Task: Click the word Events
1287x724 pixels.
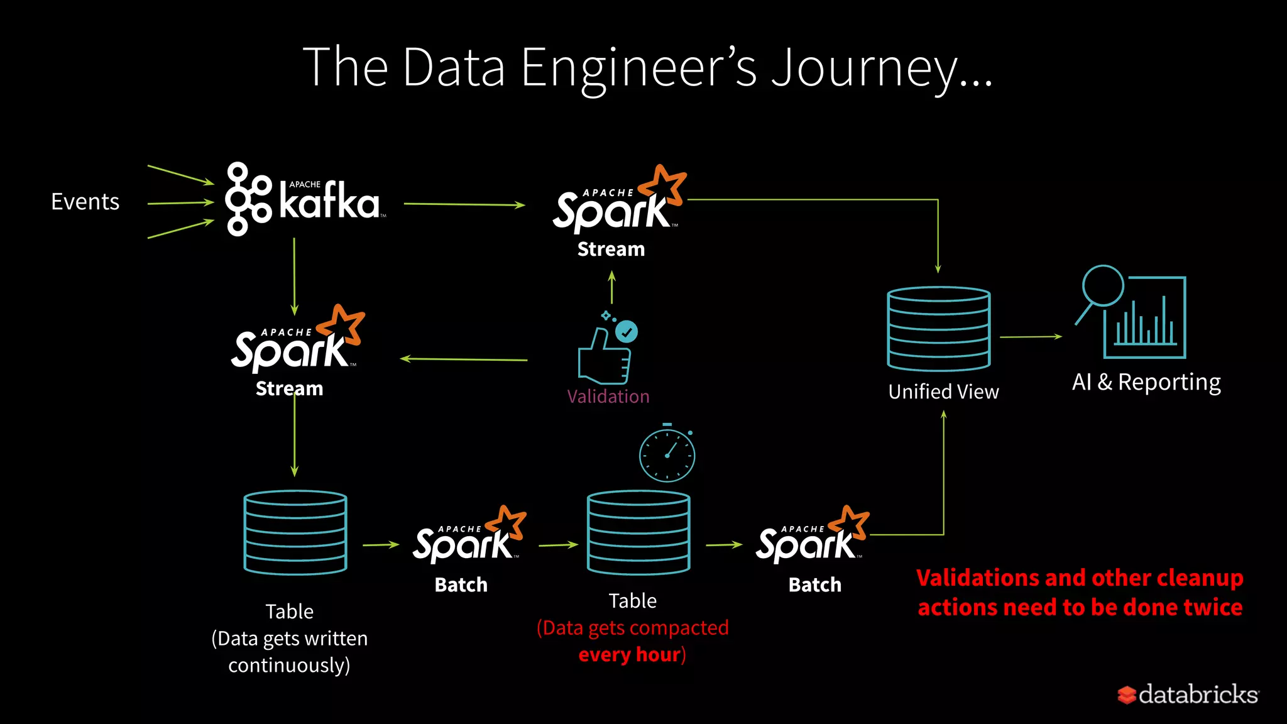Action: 85,202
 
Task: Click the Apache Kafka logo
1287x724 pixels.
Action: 305,199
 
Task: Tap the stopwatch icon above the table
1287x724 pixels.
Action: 667,454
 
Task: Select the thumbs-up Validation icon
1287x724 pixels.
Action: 606,351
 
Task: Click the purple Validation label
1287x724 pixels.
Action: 608,397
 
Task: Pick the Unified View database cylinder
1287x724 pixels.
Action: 938,329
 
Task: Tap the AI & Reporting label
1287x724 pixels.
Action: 1146,382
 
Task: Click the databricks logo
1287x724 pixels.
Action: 1188,694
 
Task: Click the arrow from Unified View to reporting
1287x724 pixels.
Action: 1031,337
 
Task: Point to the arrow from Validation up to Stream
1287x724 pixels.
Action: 611,287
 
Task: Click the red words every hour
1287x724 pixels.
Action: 629,655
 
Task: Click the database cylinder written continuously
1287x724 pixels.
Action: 295,532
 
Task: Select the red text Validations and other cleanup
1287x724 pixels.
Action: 1079,578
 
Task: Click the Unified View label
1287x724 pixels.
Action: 943,392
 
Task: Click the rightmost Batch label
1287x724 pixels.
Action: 814,585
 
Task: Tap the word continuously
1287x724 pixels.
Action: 288,666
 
